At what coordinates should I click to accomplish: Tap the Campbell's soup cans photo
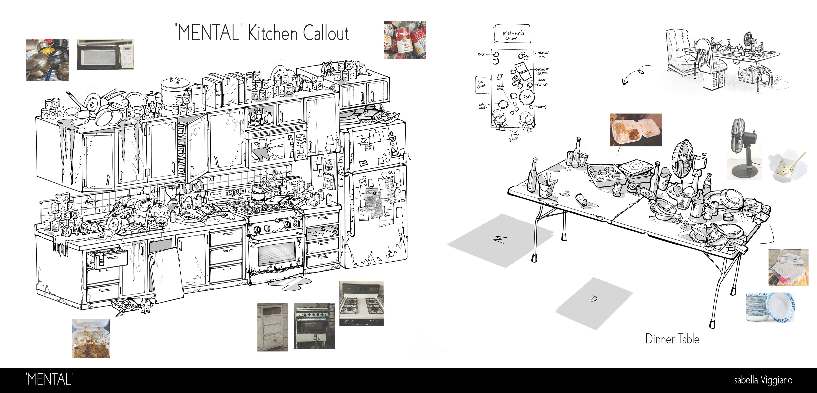405,40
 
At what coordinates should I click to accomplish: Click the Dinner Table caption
672,339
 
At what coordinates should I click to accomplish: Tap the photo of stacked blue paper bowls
770,307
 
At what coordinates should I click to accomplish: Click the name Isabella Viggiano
762,380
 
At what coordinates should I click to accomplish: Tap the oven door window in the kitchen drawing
277,253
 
